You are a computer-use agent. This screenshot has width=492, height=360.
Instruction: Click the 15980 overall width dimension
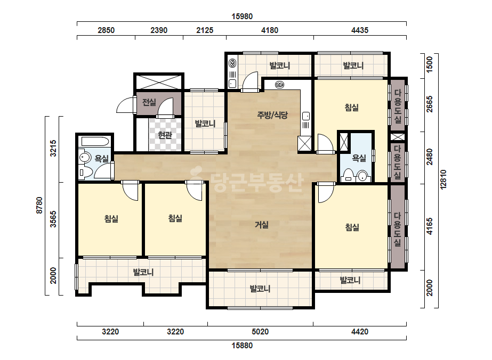pyautogui.click(x=242, y=17)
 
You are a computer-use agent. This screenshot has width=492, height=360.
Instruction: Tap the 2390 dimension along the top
pyautogui.click(x=159, y=30)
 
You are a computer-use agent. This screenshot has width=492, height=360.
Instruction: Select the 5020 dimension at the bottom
pyautogui.click(x=260, y=331)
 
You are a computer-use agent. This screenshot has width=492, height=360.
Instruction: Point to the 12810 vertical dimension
pyautogui.click(x=443, y=179)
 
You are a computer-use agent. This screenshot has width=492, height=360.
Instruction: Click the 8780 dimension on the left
pyautogui.click(x=39, y=206)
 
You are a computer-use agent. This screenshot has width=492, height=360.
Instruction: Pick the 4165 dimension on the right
pyautogui.click(x=430, y=226)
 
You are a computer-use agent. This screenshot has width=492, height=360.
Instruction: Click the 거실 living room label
pyautogui.click(x=261, y=225)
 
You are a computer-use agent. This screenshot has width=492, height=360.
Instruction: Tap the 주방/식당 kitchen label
pyautogui.click(x=272, y=115)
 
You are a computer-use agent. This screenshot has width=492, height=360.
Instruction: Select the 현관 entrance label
pyautogui.click(x=165, y=135)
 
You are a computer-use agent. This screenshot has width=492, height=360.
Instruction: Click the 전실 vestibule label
pyautogui.click(x=149, y=102)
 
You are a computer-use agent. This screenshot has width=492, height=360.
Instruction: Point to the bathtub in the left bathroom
pyautogui.click(x=95, y=142)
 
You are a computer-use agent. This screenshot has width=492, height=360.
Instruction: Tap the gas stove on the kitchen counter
pyautogui.click(x=279, y=85)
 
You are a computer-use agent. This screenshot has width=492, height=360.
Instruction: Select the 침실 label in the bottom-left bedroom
pyautogui.click(x=111, y=218)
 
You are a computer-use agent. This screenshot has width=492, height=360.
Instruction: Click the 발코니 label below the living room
pyautogui.click(x=260, y=289)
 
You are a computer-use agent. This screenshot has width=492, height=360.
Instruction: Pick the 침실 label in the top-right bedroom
pyautogui.click(x=352, y=108)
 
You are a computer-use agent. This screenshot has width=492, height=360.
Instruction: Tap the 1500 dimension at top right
pyautogui.click(x=430, y=64)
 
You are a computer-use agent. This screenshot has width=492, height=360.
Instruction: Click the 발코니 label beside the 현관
pyautogui.click(x=205, y=124)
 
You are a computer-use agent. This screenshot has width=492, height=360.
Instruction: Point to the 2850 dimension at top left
pyautogui.click(x=106, y=30)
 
